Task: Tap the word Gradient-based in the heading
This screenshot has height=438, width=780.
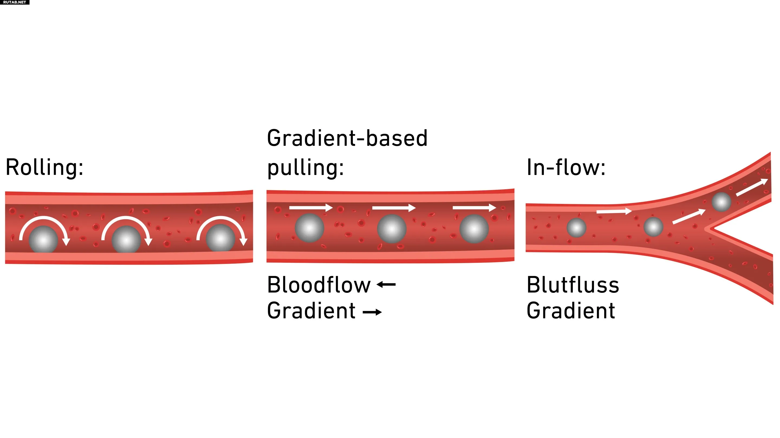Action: [347, 138]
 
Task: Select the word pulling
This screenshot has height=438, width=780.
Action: [305, 168]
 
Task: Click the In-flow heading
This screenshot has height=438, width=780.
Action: [565, 167]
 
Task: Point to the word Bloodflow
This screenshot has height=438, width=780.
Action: [318, 285]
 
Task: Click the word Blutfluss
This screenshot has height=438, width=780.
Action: [573, 285]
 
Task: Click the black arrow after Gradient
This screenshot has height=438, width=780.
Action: [372, 312]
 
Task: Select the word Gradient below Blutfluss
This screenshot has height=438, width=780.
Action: [571, 311]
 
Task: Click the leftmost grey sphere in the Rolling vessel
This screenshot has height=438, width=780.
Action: [43, 239]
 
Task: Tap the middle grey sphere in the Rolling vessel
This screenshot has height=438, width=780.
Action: [126, 239]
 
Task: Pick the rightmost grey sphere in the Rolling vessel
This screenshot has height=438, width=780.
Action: [220, 238]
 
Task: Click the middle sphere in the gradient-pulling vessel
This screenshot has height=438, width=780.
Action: [392, 229]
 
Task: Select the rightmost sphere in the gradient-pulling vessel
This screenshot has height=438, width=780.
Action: [474, 229]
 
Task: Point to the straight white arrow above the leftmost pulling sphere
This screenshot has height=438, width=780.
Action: [311, 208]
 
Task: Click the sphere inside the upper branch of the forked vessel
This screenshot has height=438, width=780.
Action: [721, 202]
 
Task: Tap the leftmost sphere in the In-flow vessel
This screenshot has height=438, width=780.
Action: [576, 228]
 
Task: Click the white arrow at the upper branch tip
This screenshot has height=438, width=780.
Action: [752, 187]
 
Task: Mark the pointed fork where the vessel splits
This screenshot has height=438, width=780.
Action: [708, 229]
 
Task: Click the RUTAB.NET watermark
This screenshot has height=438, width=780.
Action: [15, 2]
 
